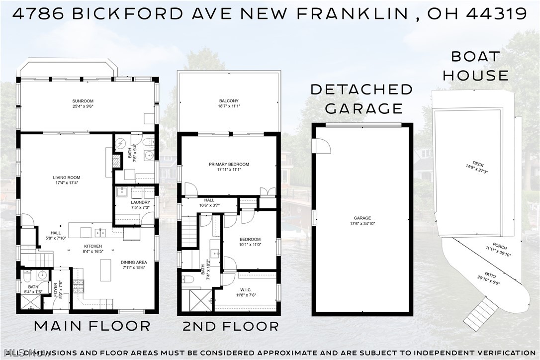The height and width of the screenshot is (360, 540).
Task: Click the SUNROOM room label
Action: (x=83, y=101)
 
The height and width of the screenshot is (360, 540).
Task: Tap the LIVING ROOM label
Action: (x=67, y=178)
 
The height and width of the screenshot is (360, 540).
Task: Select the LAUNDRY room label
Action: (x=137, y=202)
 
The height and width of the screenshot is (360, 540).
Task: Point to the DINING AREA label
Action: (x=134, y=263)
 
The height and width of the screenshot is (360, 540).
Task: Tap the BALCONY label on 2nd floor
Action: (x=229, y=101)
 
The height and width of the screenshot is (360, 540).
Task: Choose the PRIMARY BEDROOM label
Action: (x=229, y=164)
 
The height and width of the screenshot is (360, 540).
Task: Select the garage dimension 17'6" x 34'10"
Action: (x=362, y=223)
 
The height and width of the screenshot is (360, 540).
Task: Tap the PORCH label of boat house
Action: (x=500, y=246)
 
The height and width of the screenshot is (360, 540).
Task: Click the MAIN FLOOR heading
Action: (x=92, y=326)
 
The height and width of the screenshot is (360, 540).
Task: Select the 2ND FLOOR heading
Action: (x=230, y=326)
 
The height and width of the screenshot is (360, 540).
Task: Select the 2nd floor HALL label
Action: (x=209, y=200)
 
